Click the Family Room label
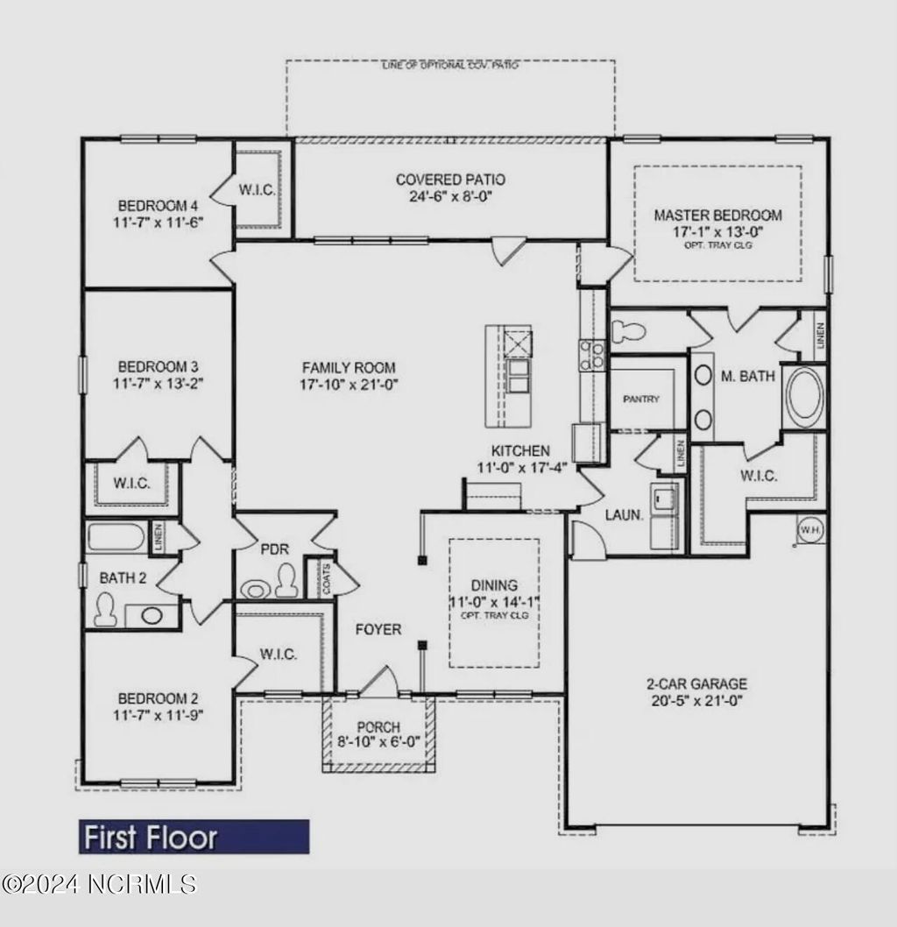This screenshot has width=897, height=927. [348, 368]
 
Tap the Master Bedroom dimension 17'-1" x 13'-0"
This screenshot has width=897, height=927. [717, 231]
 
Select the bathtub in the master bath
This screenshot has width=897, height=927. [804, 397]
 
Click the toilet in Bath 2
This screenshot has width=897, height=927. [104, 607]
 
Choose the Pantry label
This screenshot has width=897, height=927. [641, 399]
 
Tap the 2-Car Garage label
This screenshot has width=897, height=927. [696, 683]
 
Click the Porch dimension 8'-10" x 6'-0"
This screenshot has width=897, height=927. [379, 742]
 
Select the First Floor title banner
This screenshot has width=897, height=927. [194, 837]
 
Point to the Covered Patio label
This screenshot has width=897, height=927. [450, 180]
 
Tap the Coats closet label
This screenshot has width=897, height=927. [326, 578]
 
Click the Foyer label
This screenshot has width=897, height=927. [378, 629]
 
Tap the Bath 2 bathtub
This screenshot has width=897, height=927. [118, 537]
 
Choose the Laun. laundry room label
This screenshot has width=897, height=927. [625, 515]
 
